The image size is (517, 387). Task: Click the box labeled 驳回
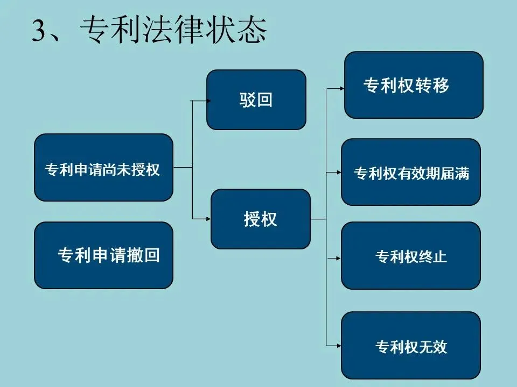(x=256, y=100)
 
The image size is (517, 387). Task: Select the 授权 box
(x=260, y=219)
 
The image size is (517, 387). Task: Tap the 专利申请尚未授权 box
(x=103, y=168)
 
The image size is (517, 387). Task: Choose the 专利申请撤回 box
(x=103, y=255)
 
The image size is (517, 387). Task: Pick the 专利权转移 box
(x=414, y=85)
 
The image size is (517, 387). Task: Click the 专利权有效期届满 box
(x=411, y=172)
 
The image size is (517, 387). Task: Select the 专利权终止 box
(x=411, y=256)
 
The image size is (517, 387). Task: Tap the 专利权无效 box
(x=411, y=346)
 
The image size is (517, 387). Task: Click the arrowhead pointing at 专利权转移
(x=341, y=86)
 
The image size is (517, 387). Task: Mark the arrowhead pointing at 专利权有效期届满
(x=338, y=173)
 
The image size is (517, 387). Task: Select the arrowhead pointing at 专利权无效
(x=338, y=345)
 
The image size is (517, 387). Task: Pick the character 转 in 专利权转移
(x=423, y=85)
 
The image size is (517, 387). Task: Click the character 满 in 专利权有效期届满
(x=462, y=173)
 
